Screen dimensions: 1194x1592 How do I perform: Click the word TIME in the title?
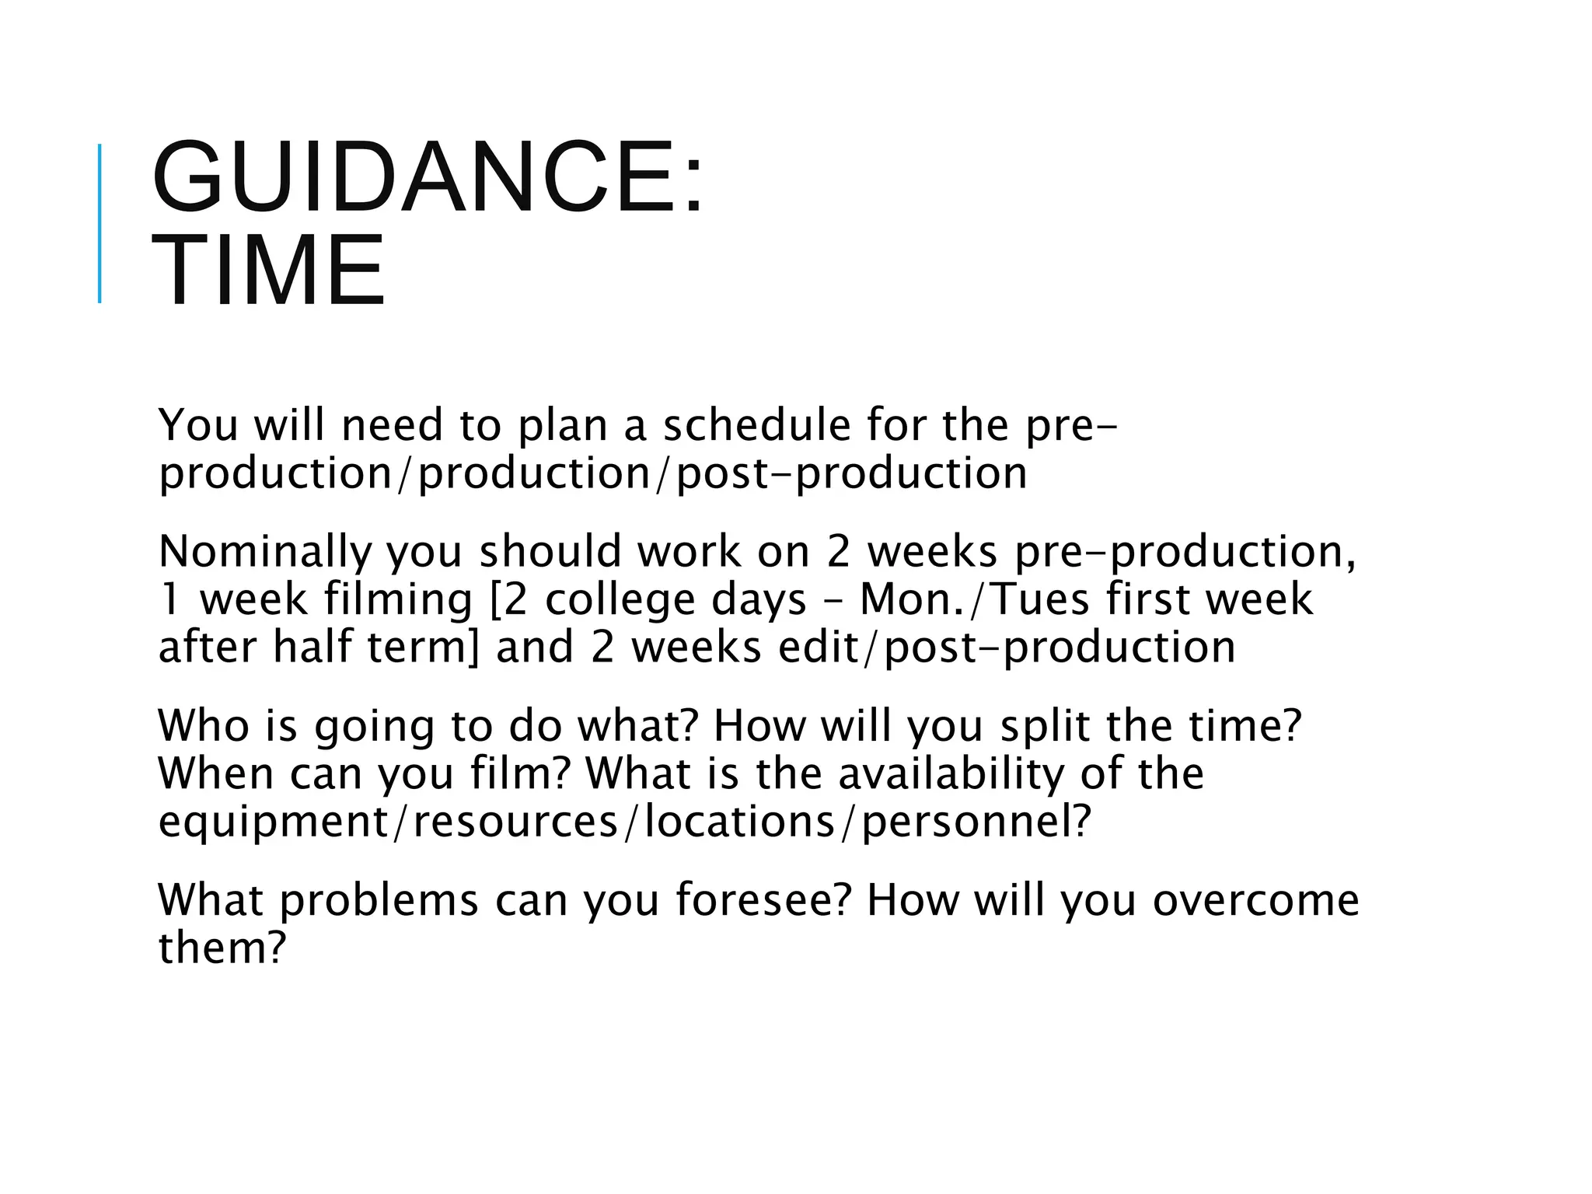[x=268, y=270]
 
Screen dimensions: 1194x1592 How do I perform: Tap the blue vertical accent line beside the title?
[x=99, y=223]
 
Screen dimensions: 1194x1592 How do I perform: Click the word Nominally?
[x=264, y=552]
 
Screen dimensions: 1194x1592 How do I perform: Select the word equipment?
[x=273, y=822]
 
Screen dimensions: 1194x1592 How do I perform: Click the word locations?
[x=738, y=822]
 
